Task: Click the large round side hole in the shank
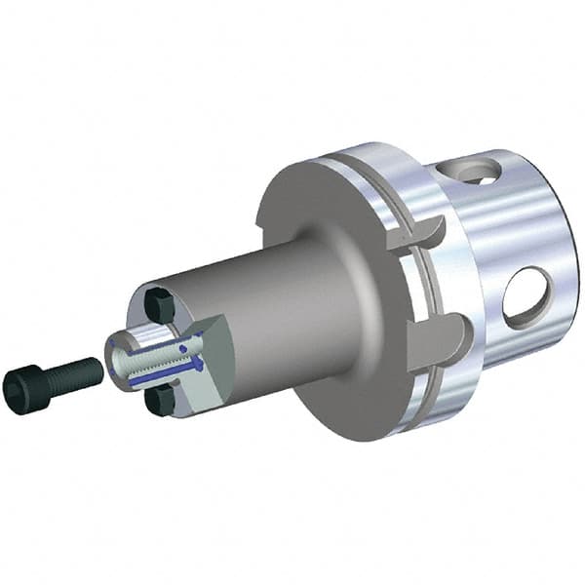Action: click(x=526, y=297)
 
